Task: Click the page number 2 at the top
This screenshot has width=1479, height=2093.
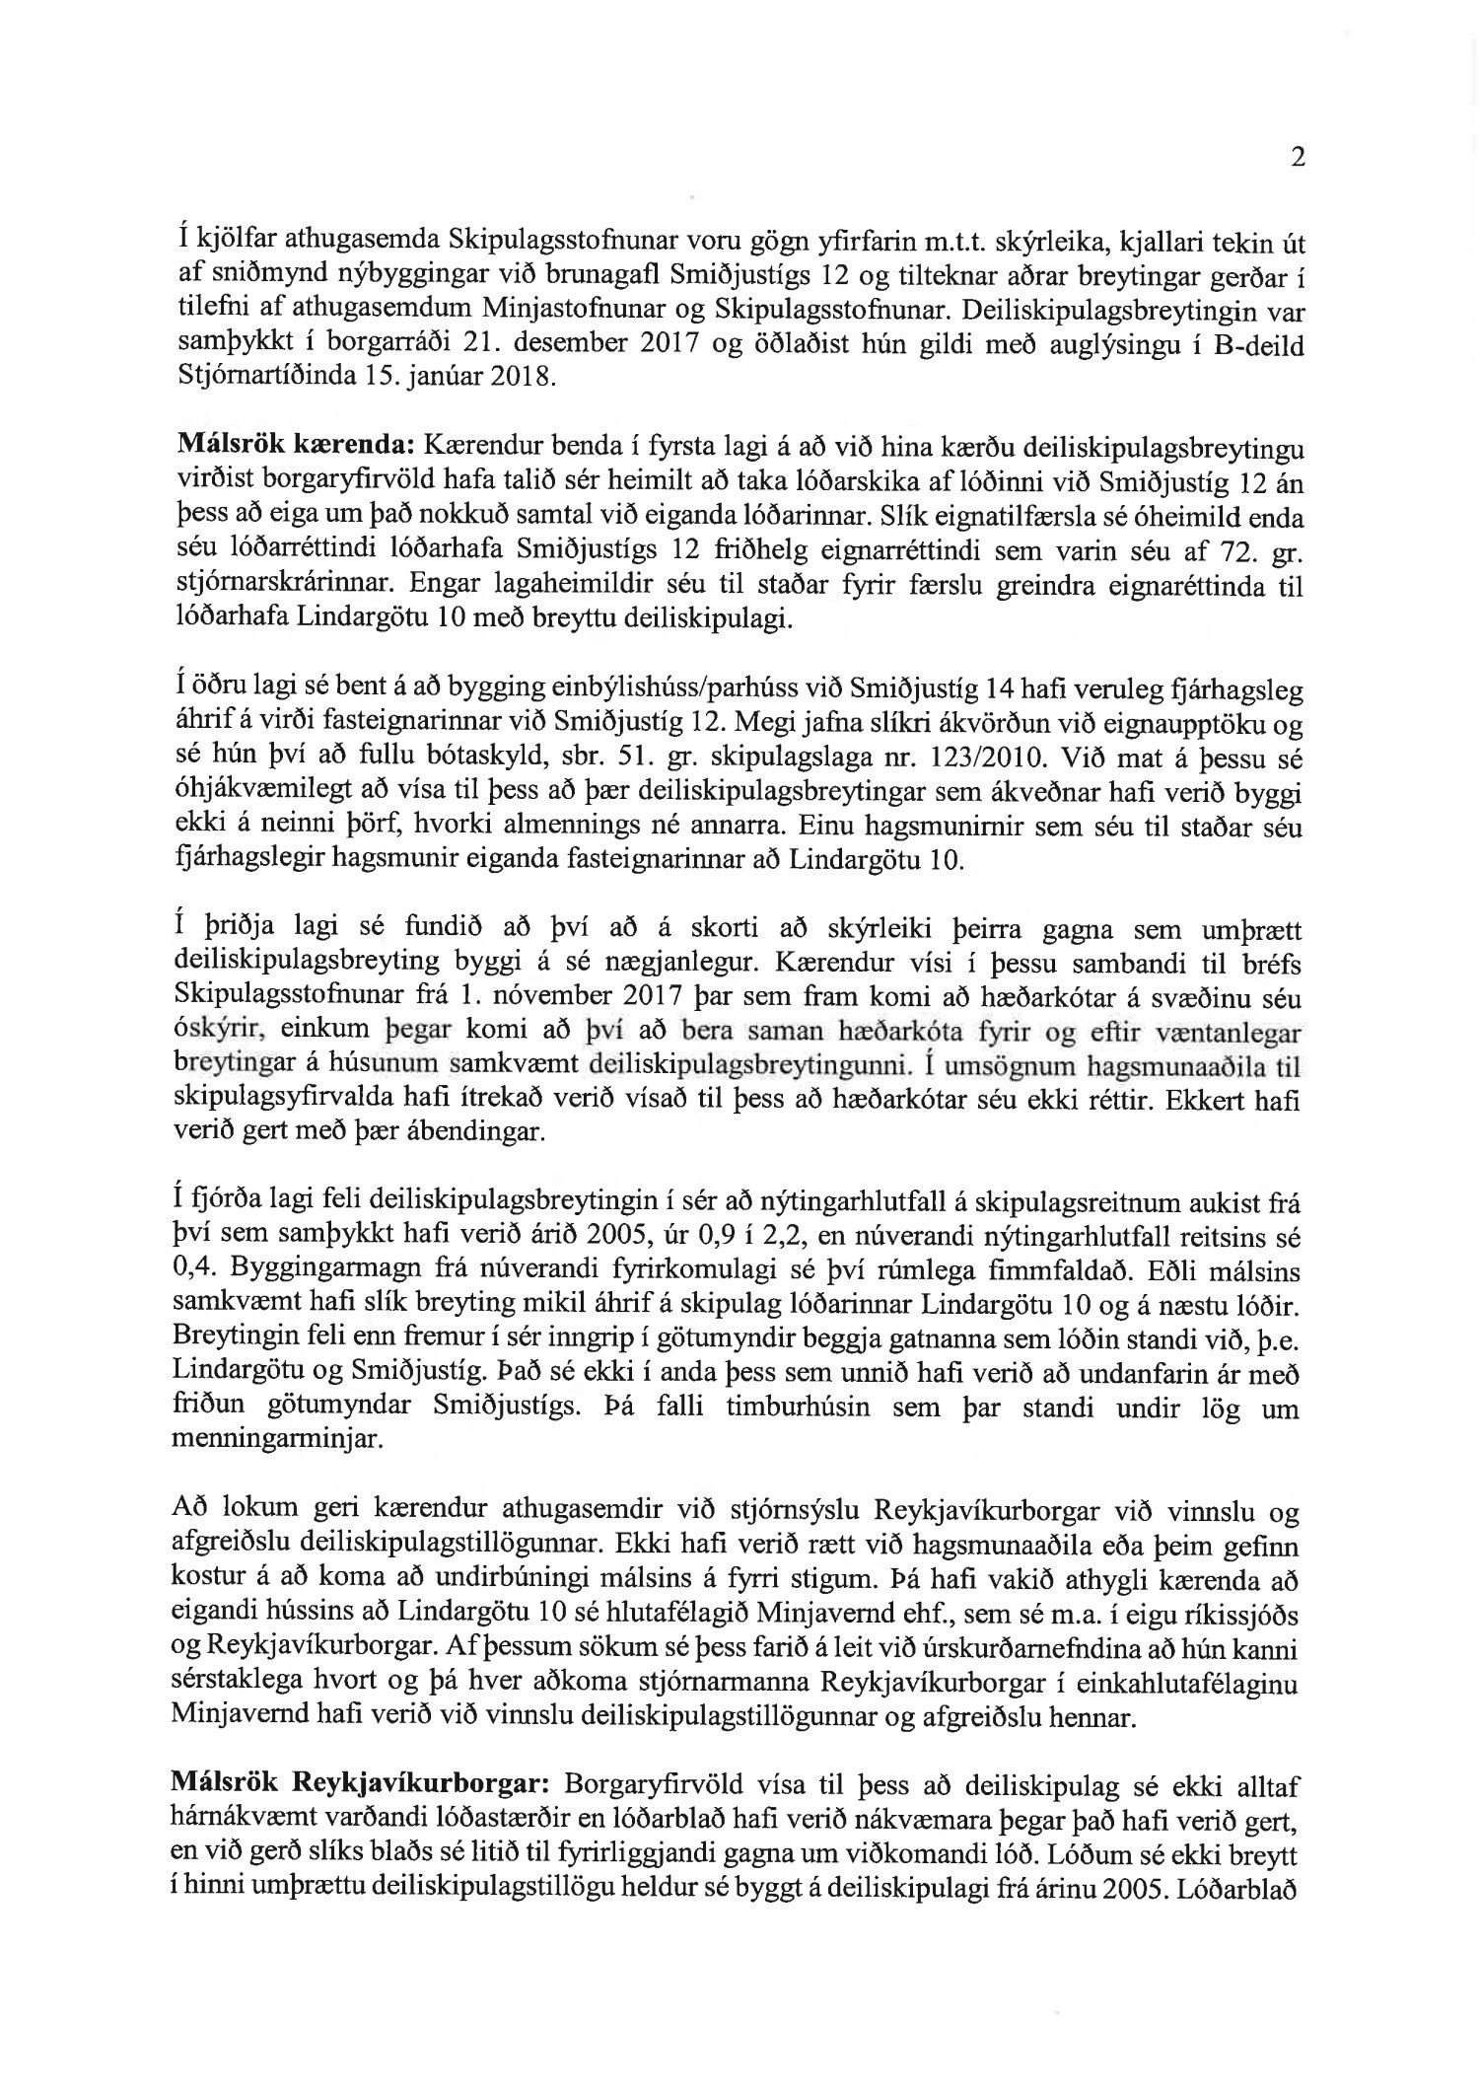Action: click(x=1299, y=158)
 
